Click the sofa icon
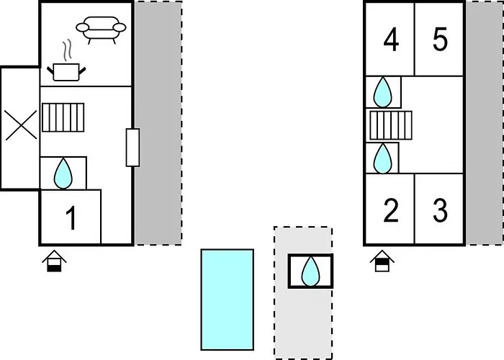pos(101,28)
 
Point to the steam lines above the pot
pos(67,50)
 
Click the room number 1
pos(71,218)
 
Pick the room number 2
pos(391,211)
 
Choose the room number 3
pos(440,211)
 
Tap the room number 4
pos(391,41)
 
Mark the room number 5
pos(440,41)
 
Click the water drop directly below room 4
pos(384,91)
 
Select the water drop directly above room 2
pos(384,158)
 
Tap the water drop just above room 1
pos(64,173)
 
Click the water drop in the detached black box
pos(311,271)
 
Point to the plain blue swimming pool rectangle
pos(227,299)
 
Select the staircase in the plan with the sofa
pos(63,117)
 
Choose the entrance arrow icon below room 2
pos(382,261)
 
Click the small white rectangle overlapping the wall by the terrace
pos(132,148)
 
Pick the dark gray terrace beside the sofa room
pos(158,122)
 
